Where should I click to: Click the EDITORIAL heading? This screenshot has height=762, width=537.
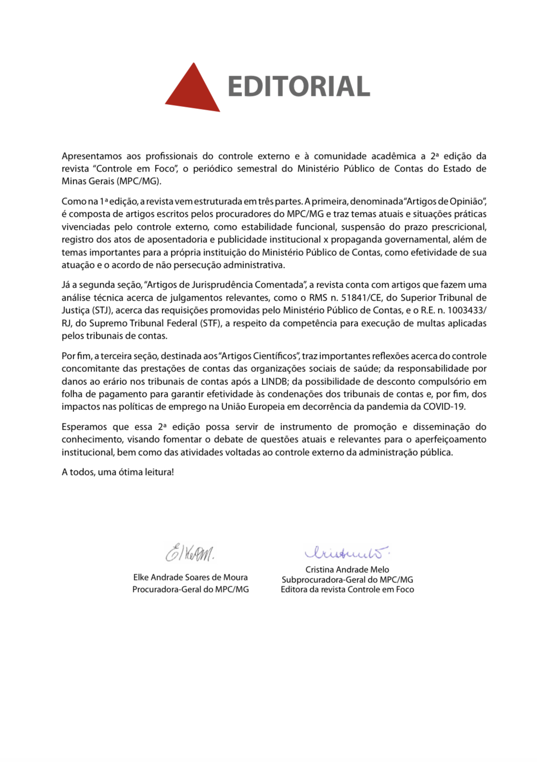pos(298,87)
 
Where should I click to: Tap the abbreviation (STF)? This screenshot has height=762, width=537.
pos(210,323)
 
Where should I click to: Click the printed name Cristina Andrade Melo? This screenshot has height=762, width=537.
pos(347,569)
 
